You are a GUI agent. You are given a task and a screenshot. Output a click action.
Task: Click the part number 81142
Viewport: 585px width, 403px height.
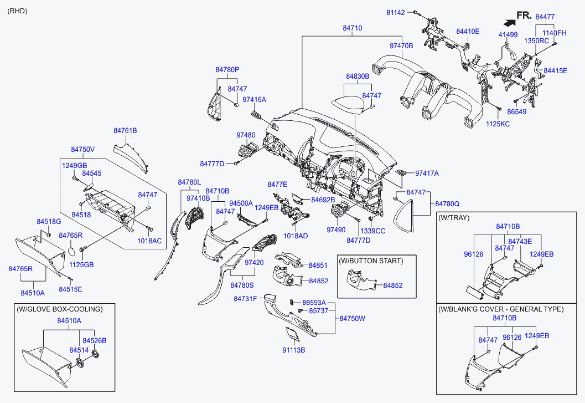point(396,12)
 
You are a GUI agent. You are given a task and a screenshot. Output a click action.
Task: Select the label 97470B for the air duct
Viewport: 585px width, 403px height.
point(401,46)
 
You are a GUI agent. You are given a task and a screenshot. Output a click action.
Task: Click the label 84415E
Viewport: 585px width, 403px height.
point(555,71)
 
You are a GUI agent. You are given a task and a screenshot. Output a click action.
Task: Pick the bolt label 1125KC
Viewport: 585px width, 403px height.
point(497,124)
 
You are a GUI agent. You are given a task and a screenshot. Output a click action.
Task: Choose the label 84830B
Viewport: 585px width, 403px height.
point(358,76)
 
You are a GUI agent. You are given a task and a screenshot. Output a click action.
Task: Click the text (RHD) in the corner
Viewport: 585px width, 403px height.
point(17,11)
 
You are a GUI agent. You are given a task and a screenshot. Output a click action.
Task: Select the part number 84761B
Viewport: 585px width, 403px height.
point(125,131)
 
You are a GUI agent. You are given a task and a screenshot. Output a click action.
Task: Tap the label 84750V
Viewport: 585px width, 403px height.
point(82,150)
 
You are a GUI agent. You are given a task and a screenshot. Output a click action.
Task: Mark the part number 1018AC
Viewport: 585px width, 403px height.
point(150,241)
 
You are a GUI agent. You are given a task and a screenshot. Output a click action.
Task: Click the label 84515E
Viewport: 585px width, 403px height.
point(70,289)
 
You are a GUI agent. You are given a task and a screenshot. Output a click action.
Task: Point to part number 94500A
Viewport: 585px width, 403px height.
point(241,203)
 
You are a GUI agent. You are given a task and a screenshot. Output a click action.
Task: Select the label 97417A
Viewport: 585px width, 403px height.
point(427,174)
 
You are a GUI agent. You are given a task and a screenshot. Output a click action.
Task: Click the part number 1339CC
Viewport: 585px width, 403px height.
point(372,231)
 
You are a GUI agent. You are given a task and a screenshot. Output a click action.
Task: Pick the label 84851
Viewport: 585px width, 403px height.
point(318,266)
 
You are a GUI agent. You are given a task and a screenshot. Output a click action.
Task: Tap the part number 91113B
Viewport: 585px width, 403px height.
point(294,350)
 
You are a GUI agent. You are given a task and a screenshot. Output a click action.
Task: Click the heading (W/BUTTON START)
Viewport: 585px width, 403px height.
point(371,261)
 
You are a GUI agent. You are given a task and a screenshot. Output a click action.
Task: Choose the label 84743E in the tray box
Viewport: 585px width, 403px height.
point(520,241)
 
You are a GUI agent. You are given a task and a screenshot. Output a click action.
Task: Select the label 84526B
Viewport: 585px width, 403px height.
point(94,340)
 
